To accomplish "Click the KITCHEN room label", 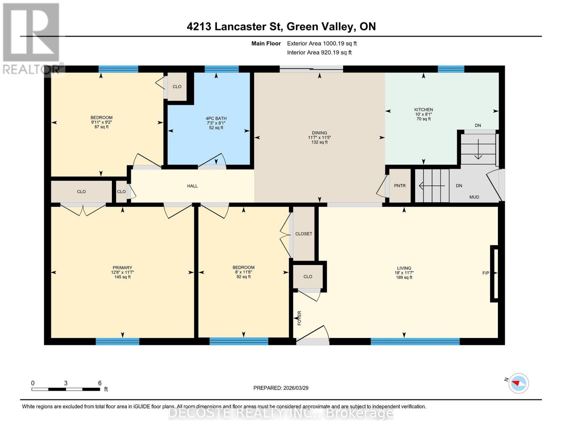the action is pos(423,109).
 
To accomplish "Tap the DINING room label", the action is pos(320,133).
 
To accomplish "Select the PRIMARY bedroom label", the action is pos(122,268).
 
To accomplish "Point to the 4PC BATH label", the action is pos(216,119).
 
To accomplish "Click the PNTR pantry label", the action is pos(400,186).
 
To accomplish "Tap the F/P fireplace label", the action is pos(486,273).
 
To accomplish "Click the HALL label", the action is pos(192,186).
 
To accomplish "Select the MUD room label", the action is pos(474,197).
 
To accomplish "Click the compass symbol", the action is pos(519,383).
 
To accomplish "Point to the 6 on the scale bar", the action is pos(100,383).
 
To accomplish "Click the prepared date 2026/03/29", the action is pos(296,388).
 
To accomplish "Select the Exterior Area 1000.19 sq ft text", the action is pos(322,43).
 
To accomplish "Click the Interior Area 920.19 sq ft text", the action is pos(319,52).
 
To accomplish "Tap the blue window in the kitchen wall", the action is pos(451,69).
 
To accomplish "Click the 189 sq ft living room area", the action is pos(404,277).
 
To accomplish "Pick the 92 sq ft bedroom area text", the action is pos(244,277).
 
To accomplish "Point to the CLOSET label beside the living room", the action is pos(304,234).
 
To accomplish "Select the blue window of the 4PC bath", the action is pos(221,69).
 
